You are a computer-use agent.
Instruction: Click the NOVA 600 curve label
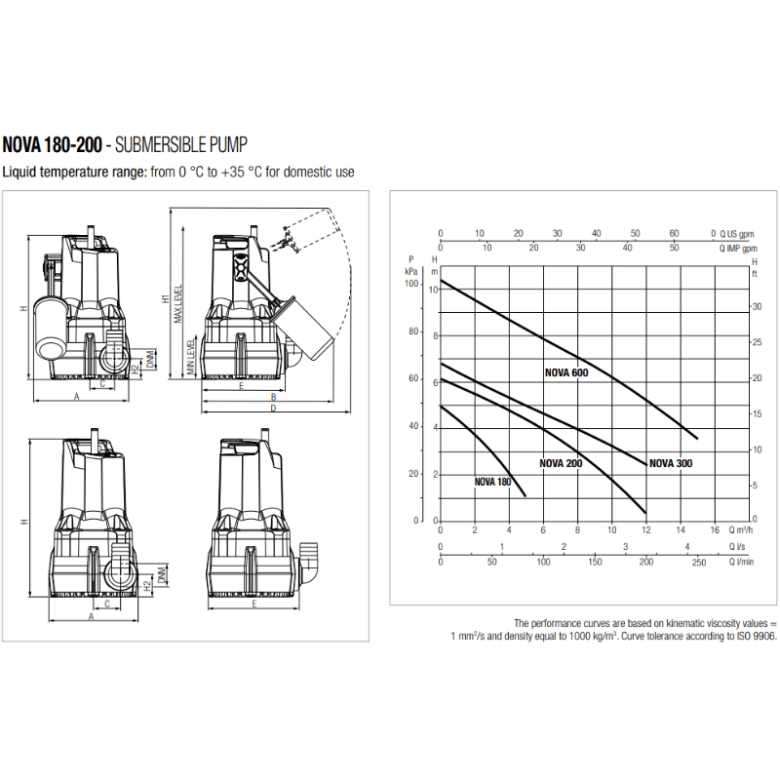565,373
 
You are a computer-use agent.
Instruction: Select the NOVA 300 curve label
671,463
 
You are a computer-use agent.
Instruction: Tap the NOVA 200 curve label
561,463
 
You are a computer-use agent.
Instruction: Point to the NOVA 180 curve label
492,482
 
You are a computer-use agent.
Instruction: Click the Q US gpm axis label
737,234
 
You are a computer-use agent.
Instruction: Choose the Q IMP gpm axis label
737,248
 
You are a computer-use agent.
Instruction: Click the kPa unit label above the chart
413,270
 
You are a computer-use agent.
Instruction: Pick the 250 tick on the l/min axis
697,564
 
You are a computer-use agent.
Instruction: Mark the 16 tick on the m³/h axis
715,530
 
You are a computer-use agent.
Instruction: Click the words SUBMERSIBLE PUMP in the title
181,145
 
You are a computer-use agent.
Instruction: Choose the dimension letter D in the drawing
273,409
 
